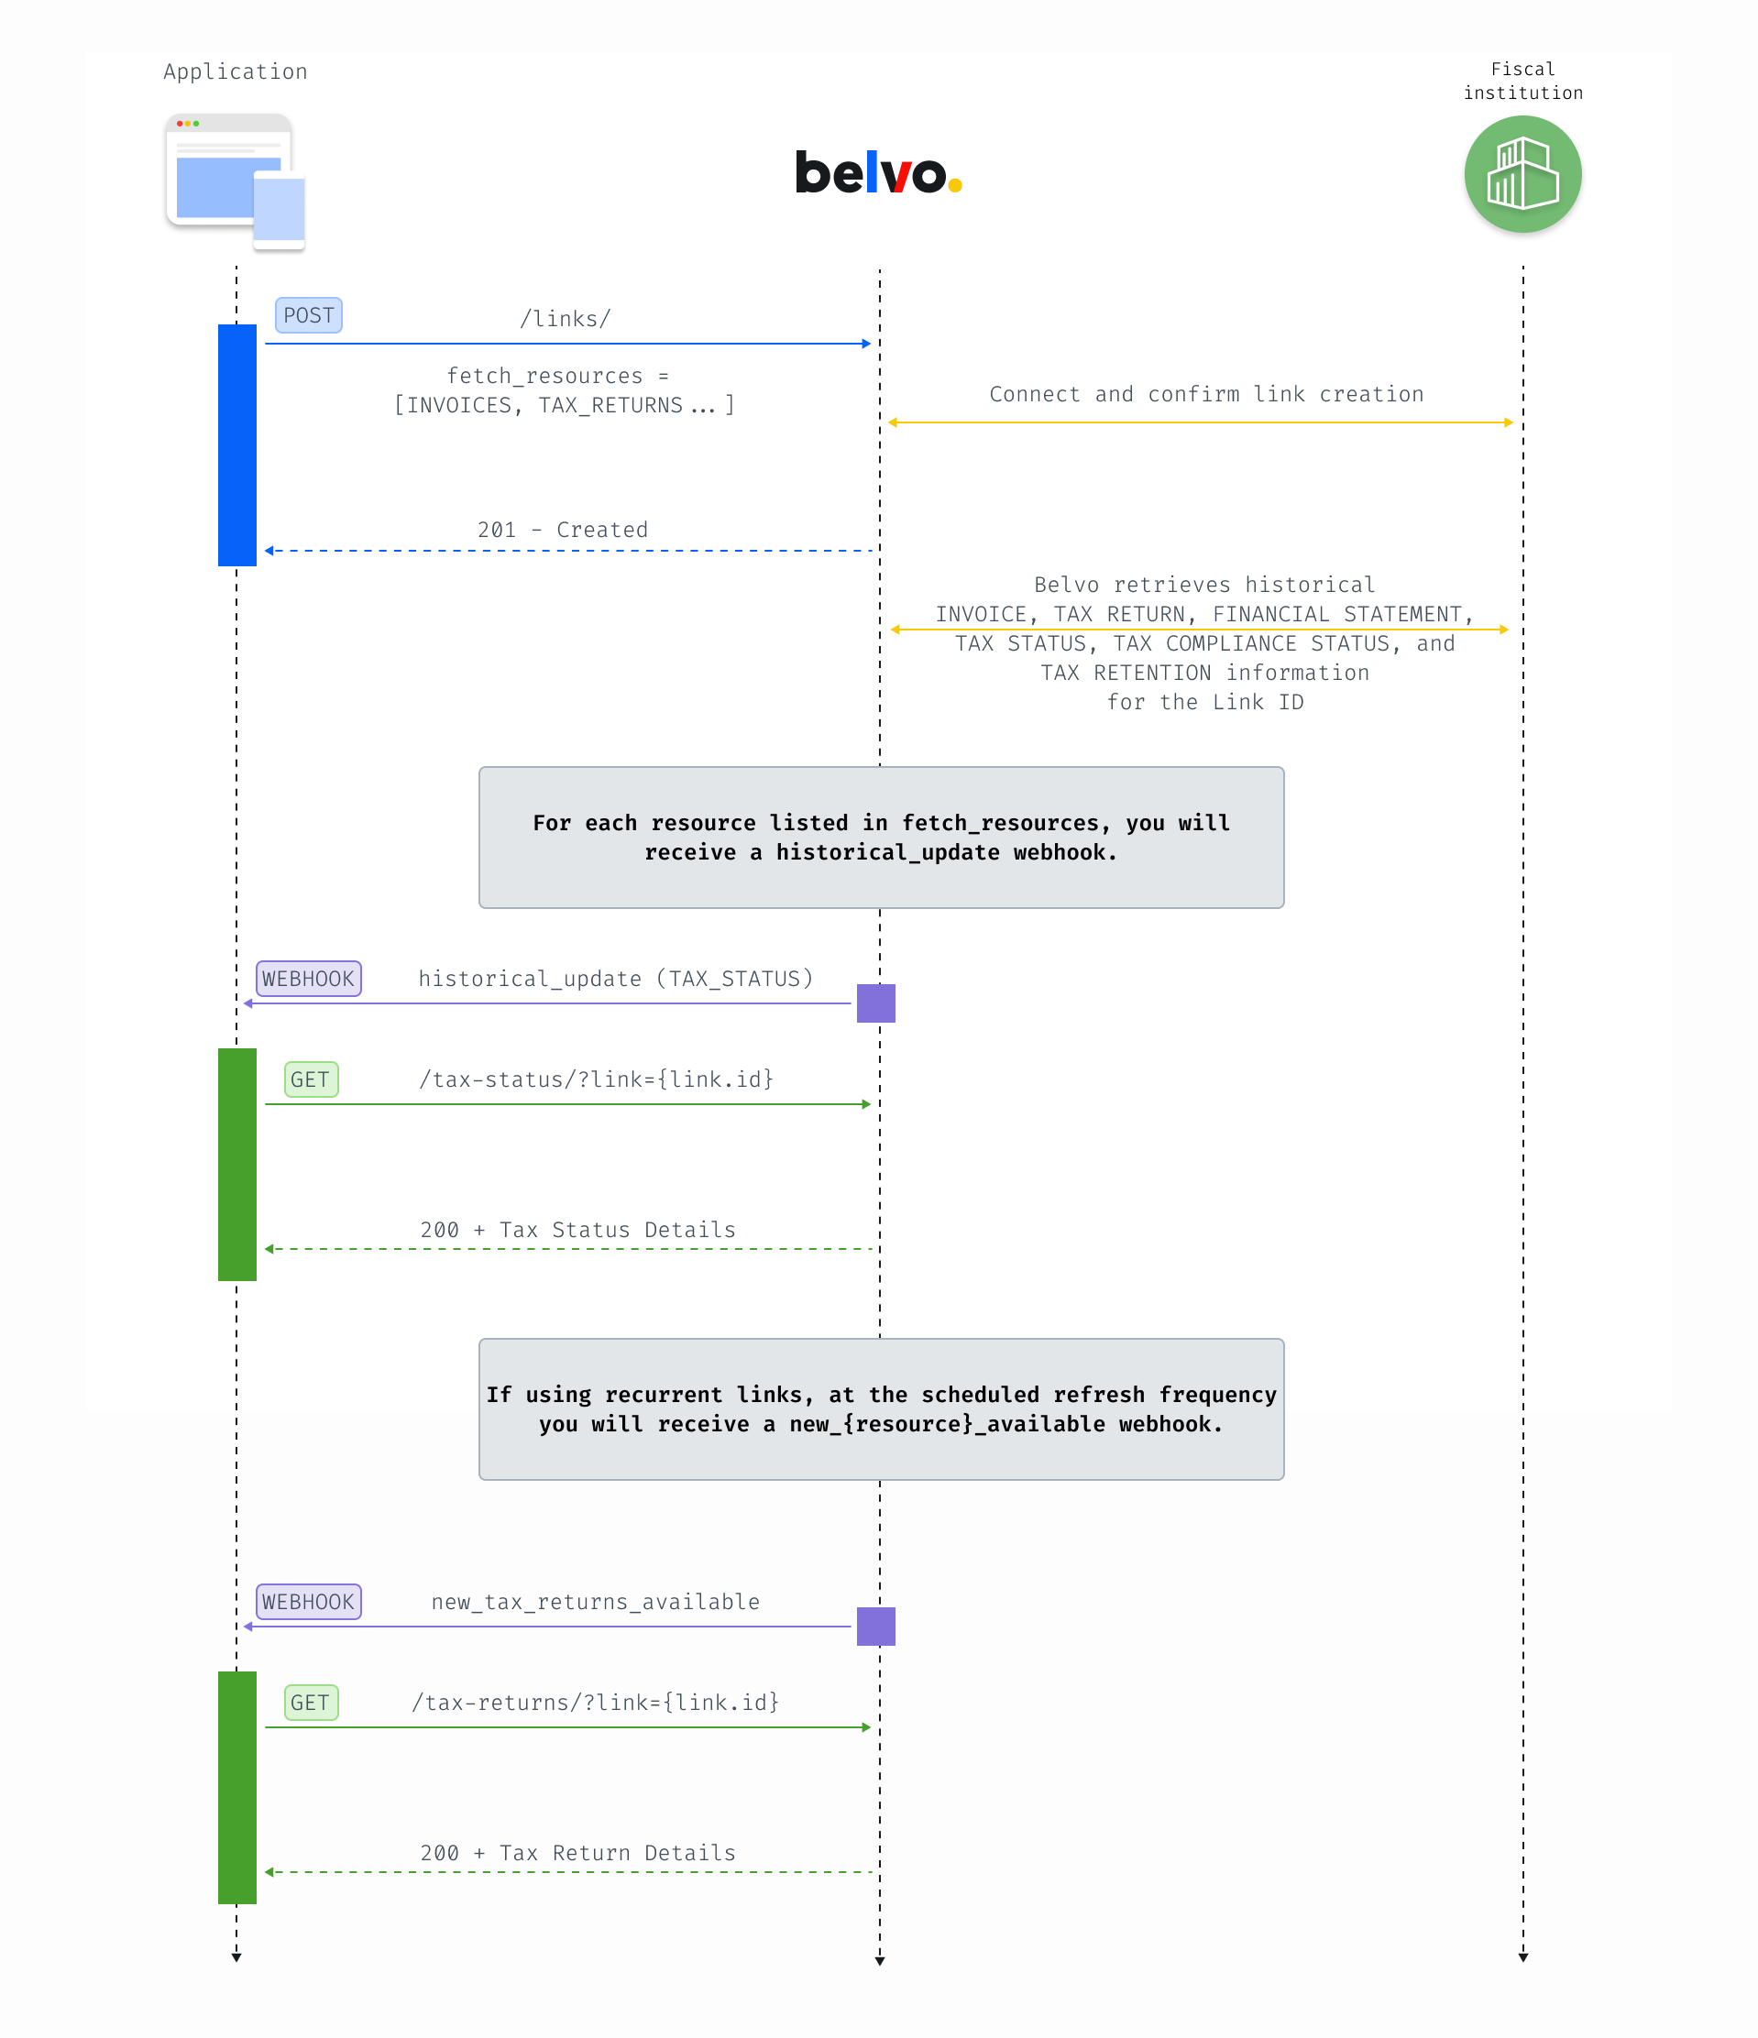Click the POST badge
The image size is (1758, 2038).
click(308, 314)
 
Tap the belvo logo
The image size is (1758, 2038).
click(877, 172)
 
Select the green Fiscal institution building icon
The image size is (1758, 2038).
click(1522, 174)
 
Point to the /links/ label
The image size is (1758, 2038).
click(565, 319)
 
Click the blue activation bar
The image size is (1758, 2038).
click(237, 444)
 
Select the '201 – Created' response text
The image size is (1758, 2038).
click(563, 529)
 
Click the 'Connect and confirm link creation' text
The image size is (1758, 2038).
click(1206, 393)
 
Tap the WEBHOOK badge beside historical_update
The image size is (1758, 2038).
click(308, 979)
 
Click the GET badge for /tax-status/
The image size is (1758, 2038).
click(311, 1079)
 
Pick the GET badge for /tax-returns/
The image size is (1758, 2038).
click(311, 1702)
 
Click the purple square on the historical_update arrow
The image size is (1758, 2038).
click(875, 1003)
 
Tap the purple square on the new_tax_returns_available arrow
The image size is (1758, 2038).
click(875, 1626)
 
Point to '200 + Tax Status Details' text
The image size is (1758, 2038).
click(577, 1230)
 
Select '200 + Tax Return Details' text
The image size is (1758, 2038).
click(577, 1852)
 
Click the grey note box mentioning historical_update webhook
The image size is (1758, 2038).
click(882, 837)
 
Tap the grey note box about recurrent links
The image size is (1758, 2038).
click(882, 1408)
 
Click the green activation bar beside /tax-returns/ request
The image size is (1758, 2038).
click(237, 1787)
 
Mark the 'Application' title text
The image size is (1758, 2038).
click(236, 71)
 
